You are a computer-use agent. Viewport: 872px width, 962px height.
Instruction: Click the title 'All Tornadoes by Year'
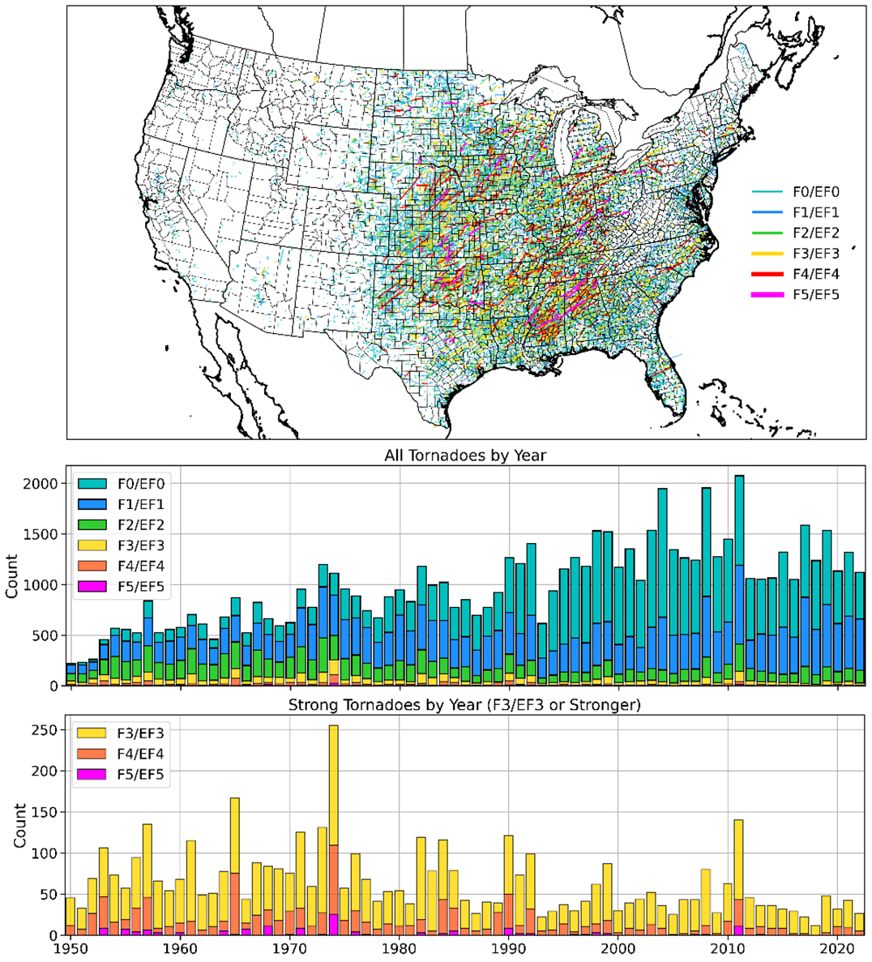(464, 455)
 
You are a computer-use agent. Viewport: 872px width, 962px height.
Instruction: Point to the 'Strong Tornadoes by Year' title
(464, 705)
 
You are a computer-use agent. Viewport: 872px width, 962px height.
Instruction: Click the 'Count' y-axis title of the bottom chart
(19, 827)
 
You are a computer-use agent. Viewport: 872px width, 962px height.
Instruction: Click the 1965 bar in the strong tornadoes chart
(235, 867)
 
